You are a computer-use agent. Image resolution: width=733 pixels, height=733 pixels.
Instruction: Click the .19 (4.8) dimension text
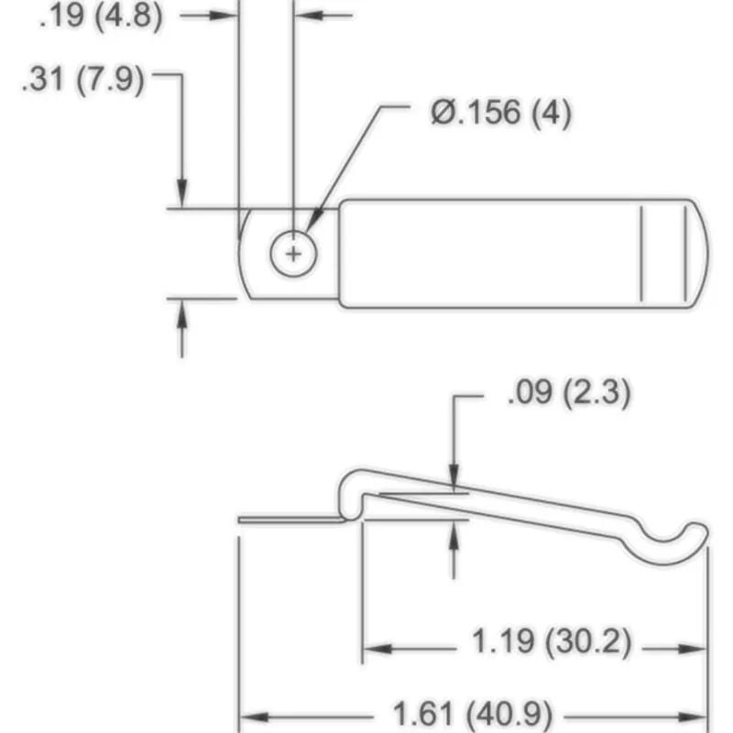coord(101,16)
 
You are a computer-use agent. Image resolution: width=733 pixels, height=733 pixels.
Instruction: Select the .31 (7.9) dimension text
coord(83,80)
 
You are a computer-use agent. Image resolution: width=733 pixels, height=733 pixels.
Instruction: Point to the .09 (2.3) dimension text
coord(567,395)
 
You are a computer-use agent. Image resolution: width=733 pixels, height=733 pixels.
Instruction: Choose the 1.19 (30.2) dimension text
coord(551,642)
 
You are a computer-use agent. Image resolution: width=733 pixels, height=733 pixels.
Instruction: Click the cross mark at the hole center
coord(293,253)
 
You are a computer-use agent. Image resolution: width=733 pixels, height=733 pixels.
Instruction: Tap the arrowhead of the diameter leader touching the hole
coord(312,229)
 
